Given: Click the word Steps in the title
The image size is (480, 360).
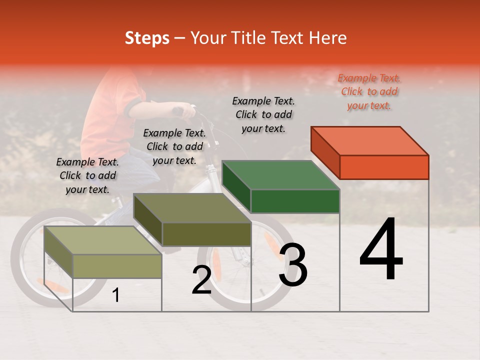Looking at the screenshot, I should tap(147, 38).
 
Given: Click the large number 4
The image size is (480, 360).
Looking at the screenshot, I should tap(381, 251).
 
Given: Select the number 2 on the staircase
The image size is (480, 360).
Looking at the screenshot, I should tap(201, 280).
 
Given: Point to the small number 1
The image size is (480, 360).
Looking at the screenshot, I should tap(115, 295).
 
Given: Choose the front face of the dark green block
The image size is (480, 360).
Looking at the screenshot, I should tap(295, 201).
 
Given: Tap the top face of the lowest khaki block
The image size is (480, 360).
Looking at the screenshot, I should tap(103, 240).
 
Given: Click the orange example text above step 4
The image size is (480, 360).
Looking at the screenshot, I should tap(369, 92).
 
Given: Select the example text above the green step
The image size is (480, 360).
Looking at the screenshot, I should tap(263, 114).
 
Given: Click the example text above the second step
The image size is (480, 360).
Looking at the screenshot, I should tap(174, 146).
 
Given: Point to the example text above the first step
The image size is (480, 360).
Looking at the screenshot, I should tap(87, 175).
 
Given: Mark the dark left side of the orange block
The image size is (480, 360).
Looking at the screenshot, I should tap(325, 152).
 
